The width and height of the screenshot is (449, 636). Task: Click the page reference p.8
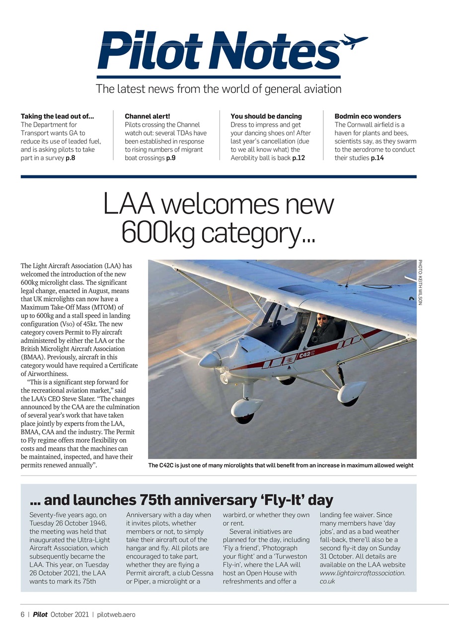coord(70,158)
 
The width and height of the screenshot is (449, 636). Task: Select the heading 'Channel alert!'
coord(147,116)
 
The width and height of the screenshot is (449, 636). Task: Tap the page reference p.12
coord(298,158)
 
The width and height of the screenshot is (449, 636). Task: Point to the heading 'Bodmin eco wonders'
coord(368,116)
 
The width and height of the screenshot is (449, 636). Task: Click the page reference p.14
coord(377,158)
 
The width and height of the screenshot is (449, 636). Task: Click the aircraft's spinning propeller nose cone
coord(211,360)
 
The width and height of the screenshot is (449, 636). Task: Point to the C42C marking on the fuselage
coord(305,354)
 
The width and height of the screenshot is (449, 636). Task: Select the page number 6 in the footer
coord(22,615)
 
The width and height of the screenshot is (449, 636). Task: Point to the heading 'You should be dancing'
coord(266,116)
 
